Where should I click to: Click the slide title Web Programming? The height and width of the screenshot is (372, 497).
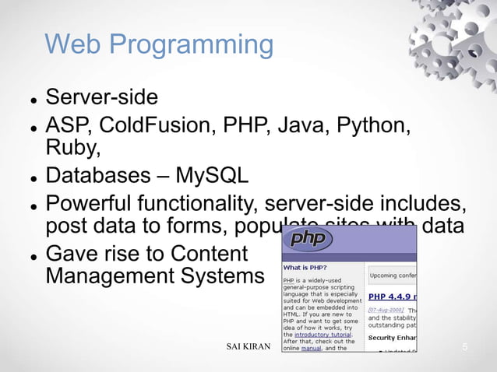(x=159, y=44)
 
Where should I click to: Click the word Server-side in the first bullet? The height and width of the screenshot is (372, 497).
(x=101, y=98)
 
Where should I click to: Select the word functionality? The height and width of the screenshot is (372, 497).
(x=199, y=205)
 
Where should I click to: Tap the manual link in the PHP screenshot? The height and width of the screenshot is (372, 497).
(x=310, y=348)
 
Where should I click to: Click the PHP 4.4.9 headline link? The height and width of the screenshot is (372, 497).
(x=392, y=297)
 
